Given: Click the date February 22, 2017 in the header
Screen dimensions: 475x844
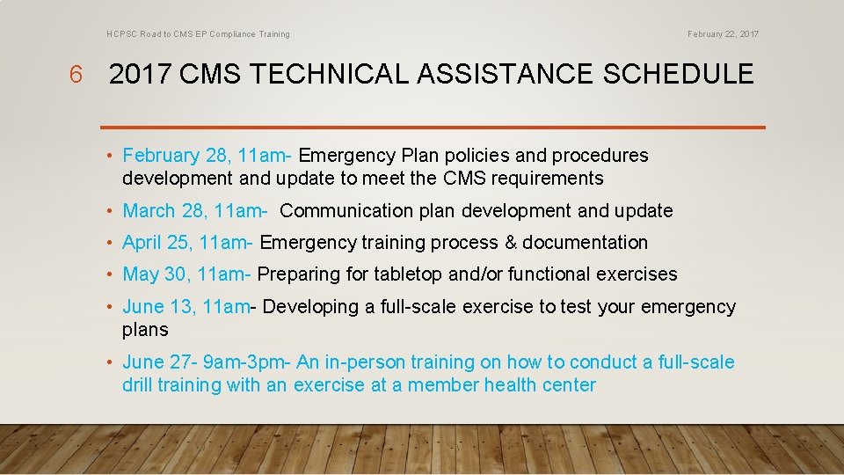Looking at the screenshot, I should coord(723,34).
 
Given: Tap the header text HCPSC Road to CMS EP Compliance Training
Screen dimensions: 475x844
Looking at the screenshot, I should coord(198,34).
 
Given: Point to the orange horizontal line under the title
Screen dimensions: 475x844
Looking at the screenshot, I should coord(433,128).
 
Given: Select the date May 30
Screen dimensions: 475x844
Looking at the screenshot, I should coord(155,274).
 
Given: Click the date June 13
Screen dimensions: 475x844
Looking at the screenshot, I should coord(157,307).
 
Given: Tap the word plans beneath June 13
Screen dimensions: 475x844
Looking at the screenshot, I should coord(145,330).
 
